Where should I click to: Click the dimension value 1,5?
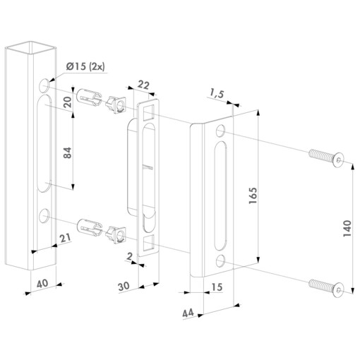point(217,92)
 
